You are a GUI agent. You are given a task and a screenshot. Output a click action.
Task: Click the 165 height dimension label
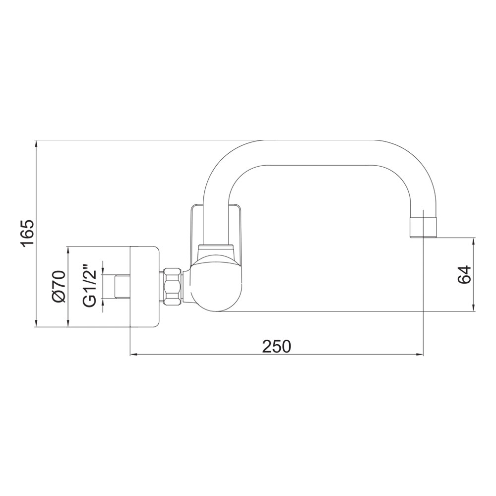pos(27,234)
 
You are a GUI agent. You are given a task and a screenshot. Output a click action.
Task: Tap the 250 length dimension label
pos(276,346)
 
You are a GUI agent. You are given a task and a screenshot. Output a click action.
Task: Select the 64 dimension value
pos(465,274)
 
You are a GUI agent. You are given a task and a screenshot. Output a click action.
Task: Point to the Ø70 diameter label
pos(59,287)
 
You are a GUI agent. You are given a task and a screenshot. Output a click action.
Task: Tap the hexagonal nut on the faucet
pos(173,286)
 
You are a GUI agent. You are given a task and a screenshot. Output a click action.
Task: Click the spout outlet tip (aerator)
pos(423,227)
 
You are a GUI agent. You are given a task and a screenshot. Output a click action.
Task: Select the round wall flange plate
pos(144,286)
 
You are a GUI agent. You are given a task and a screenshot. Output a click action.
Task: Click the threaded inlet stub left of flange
pos(123,286)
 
